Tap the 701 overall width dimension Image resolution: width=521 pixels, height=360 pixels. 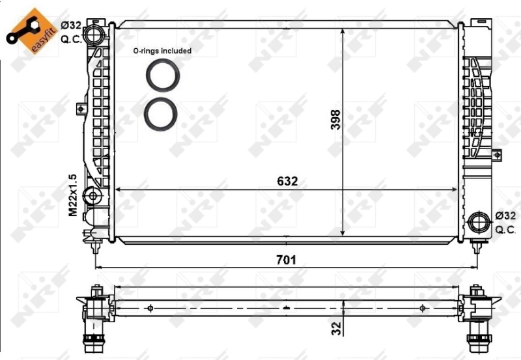tap(286, 260)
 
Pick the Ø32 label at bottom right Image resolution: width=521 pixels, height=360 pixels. tap(506, 215)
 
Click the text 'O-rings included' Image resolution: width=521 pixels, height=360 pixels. tap(162, 50)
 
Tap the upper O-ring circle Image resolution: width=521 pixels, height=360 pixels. tap(162, 76)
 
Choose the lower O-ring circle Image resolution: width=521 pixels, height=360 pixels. tap(160, 114)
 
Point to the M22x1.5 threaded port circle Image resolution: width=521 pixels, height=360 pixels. tap(93, 195)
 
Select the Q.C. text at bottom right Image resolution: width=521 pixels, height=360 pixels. tap(506, 229)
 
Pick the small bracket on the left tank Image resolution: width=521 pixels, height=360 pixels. tap(81, 107)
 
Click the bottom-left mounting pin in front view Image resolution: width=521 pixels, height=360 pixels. tap(96, 246)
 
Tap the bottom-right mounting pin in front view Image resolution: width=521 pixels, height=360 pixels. tap(479, 246)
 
